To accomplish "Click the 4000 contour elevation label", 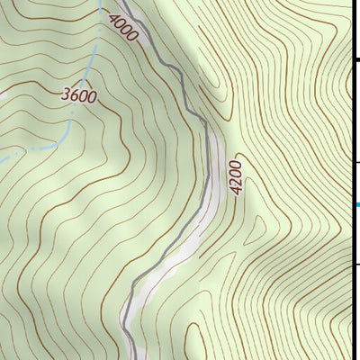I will point(123,27).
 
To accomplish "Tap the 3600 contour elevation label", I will point(79,94).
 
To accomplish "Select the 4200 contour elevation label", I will point(236,177).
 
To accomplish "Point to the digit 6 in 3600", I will point(75,94).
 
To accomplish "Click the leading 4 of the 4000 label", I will point(113,17).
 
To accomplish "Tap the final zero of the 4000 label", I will point(133,37).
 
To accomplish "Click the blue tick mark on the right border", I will point(356,205).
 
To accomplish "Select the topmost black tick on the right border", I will point(355,58).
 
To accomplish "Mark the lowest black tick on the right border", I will point(355,264).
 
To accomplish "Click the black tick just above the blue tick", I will point(355,162).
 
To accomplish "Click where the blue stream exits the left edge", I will point(2,159).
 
